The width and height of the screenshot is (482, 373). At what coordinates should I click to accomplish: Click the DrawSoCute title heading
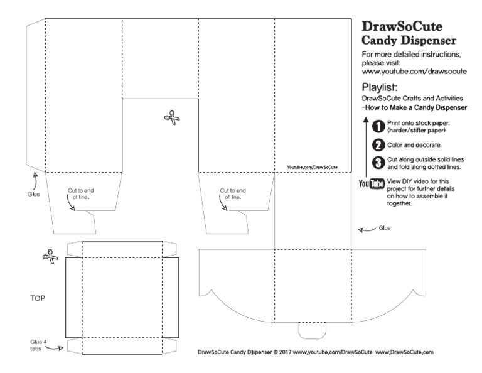click(402, 28)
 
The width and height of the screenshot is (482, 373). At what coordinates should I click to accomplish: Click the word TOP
click(39, 300)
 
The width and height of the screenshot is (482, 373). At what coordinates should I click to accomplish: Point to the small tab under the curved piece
click(313, 329)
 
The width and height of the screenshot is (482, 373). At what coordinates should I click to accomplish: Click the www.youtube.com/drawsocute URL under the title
click(414, 72)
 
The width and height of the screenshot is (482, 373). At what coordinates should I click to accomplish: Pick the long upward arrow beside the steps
click(366, 144)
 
